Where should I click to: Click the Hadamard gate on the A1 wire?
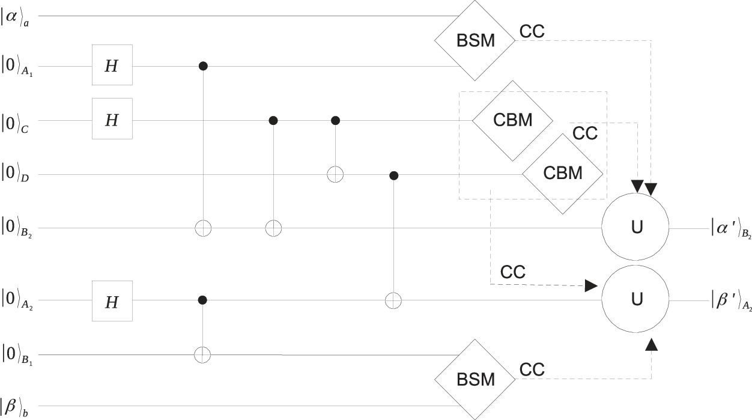tap(112, 65)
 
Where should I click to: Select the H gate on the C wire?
tap(112, 119)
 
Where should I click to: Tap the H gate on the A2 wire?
tap(112, 300)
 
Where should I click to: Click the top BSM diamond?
tap(475, 41)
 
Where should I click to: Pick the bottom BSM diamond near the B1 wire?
tap(475, 379)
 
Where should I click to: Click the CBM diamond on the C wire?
tap(512, 120)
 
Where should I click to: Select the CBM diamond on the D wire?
tap(562, 174)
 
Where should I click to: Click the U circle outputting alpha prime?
tap(635, 228)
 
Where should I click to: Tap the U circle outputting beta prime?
tap(635, 298)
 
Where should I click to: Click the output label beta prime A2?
tap(730, 302)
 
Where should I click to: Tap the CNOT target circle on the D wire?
tap(335, 175)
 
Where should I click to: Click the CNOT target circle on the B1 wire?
tap(203, 355)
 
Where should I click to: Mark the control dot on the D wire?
tap(393, 175)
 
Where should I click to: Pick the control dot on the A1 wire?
tap(203, 65)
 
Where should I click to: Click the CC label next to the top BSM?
tap(532, 31)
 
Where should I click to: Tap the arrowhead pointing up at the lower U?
tap(652, 345)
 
